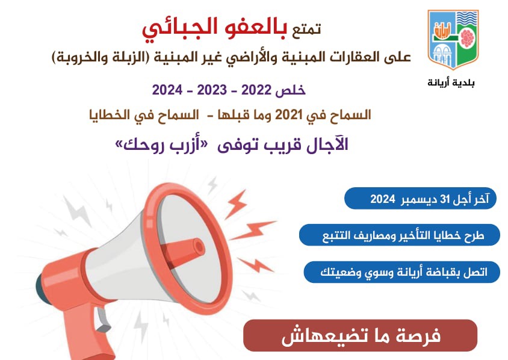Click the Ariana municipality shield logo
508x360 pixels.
pos(453,39)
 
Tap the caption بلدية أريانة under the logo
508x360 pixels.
pos(451,82)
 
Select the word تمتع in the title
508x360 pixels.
pos(306,28)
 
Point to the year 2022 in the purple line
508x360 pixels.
pos(256,90)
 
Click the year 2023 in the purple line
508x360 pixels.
pos(212,90)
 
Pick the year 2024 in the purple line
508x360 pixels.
pos(167,90)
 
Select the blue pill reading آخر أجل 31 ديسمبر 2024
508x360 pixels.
pos(420,198)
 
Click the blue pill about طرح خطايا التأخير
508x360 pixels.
pos(400,235)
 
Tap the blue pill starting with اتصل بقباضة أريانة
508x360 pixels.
pos(401,272)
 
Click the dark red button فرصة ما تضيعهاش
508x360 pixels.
pos(361,335)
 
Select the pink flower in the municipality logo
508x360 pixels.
pos(466,39)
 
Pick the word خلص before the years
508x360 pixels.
pos(290,90)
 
